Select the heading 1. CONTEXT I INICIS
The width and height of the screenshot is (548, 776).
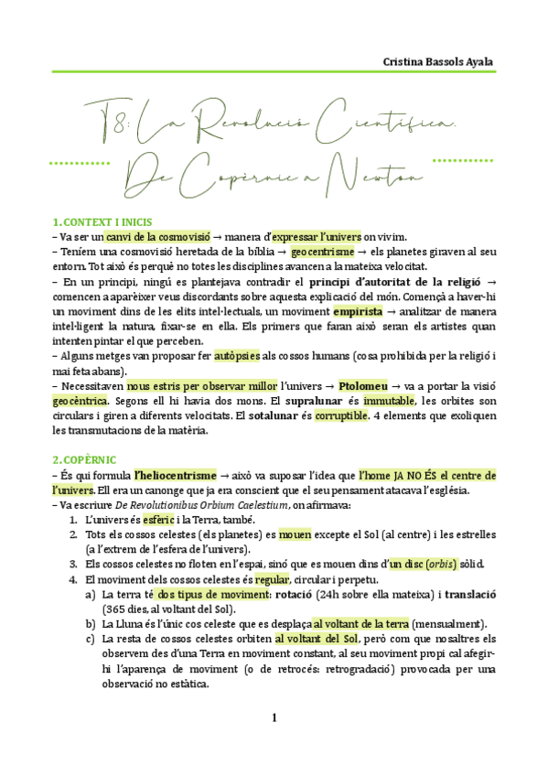(102, 222)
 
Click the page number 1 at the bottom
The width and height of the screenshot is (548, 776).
(274, 717)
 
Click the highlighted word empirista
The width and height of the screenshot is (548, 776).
(358, 311)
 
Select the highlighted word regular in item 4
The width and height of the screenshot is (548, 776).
(272, 579)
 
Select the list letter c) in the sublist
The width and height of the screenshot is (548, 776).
(90, 639)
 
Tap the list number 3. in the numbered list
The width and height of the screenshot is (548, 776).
(73, 564)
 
